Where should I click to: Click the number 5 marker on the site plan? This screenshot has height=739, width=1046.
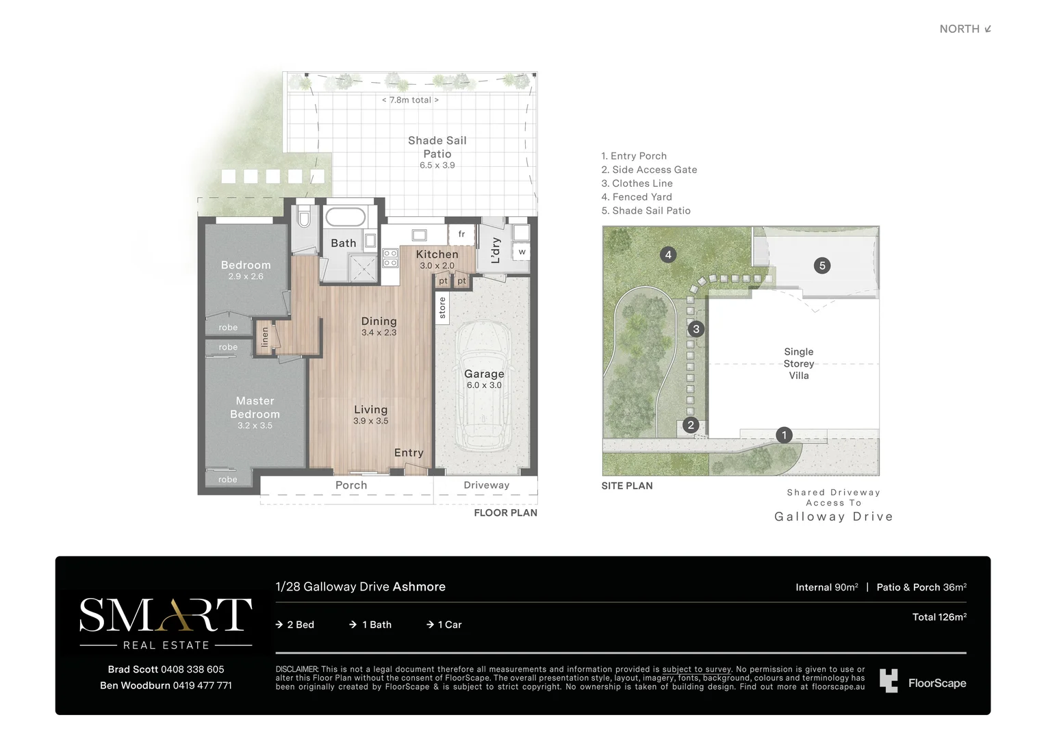click(822, 265)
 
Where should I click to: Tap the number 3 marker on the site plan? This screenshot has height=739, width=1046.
click(696, 329)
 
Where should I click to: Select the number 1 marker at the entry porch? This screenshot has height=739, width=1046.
click(784, 435)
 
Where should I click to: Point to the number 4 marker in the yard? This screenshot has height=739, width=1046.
click(667, 255)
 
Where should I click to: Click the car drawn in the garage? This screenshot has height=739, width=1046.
click(484, 387)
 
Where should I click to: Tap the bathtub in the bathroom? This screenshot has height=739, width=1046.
click(346, 217)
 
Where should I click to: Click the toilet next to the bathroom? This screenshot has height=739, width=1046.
click(304, 217)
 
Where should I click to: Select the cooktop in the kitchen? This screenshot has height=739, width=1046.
click(390, 258)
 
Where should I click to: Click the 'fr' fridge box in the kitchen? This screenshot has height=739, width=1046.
click(461, 234)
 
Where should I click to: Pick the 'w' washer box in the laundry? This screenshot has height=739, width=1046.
click(522, 252)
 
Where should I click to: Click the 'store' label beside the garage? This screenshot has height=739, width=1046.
click(442, 308)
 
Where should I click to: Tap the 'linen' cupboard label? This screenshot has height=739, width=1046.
click(264, 337)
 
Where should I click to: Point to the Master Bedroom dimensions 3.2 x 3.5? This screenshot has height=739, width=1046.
click(255, 426)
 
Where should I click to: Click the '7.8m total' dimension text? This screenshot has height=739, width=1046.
click(411, 100)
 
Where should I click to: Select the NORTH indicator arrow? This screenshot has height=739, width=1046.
click(988, 29)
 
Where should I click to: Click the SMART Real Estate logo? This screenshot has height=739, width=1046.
click(166, 623)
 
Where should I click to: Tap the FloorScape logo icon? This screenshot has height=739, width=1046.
click(889, 681)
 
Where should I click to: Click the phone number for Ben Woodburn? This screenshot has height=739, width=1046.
click(202, 686)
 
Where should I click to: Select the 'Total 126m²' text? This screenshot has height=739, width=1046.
click(939, 617)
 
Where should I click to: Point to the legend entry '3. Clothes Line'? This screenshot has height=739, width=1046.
click(637, 183)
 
